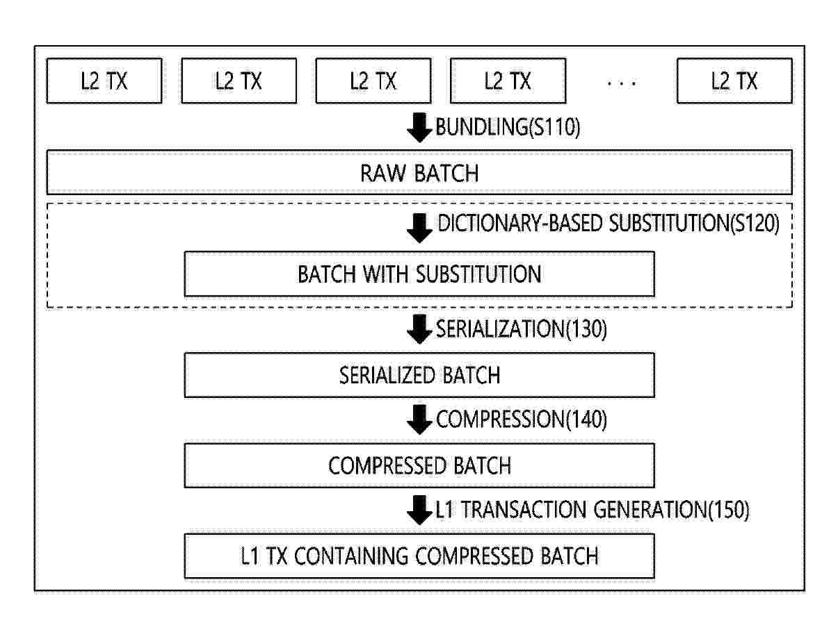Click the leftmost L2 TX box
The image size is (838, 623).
[x=104, y=81]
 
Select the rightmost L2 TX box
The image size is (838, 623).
[x=734, y=81]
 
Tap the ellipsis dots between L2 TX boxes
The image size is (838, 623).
[x=622, y=83]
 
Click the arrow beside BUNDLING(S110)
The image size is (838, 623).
[x=419, y=128]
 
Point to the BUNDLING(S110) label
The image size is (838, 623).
[x=508, y=127]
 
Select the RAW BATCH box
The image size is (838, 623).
[x=419, y=172]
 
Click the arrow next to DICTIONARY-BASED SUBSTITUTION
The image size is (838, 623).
[x=419, y=228]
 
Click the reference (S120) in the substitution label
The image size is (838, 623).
[x=755, y=224]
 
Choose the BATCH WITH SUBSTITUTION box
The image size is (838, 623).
[x=419, y=274]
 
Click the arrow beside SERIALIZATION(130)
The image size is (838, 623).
[x=419, y=329]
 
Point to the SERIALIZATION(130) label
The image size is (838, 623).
[x=522, y=329]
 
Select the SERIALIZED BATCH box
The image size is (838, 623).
[x=419, y=375]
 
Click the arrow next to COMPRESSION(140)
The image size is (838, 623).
[x=419, y=420]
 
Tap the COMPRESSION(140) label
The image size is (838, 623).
[x=522, y=420]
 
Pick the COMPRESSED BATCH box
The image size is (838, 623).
[x=419, y=465]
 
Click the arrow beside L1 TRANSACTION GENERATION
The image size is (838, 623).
[x=419, y=510]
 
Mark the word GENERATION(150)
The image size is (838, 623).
[x=671, y=510]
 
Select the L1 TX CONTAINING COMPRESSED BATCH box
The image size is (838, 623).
[x=419, y=556]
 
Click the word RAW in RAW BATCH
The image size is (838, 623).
[x=383, y=173]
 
